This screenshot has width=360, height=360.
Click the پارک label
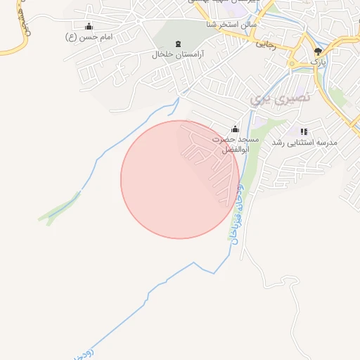319,62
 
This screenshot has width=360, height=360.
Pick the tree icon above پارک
319,51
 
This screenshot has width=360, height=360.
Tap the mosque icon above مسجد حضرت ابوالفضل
235,129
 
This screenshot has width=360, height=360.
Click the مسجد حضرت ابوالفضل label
236,145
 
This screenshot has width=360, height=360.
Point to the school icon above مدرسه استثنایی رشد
304,131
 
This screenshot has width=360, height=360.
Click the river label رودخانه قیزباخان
236,211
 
